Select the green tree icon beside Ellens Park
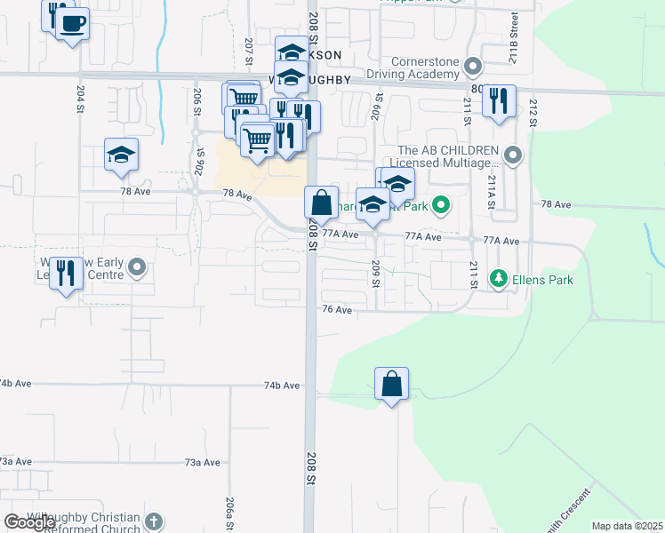click(x=499, y=280)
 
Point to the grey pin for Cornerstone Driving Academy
click(x=473, y=67)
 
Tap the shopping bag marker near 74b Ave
click(x=391, y=385)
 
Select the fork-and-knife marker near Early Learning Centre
click(x=65, y=272)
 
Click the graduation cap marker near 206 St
click(x=121, y=155)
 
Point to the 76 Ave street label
click(x=337, y=309)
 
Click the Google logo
click(x=29, y=522)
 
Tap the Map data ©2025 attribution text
click(x=627, y=526)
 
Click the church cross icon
click(x=154, y=522)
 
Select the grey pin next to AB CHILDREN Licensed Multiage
click(x=512, y=156)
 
